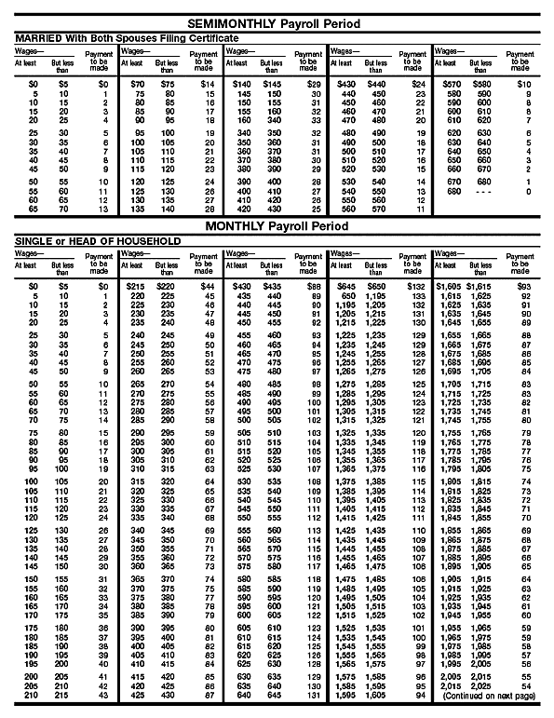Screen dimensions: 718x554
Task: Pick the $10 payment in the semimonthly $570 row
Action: pyautogui.click(x=525, y=84)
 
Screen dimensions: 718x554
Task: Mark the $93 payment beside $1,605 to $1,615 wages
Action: pyautogui.click(x=525, y=286)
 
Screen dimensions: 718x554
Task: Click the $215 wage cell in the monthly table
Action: pyautogui.click(x=136, y=286)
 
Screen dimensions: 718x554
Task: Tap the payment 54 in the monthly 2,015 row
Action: pyautogui.click(x=527, y=685)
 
